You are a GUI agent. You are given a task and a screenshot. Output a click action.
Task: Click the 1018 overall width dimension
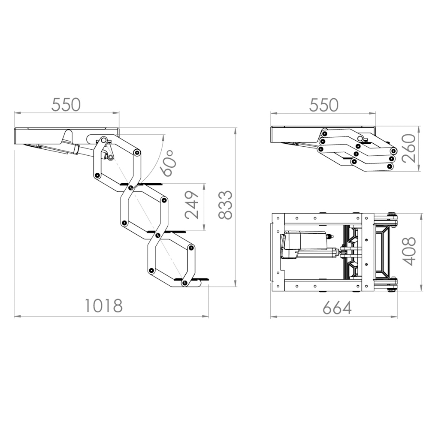pyautogui.click(x=104, y=305)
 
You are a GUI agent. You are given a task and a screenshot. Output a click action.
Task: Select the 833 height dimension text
pyautogui.click(x=225, y=205)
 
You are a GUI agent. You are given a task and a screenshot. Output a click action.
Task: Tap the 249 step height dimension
pyautogui.click(x=191, y=205)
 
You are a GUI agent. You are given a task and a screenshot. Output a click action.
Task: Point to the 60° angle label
pyautogui.click(x=168, y=163)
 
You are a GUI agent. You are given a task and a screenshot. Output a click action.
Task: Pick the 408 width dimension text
pyautogui.click(x=409, y=251)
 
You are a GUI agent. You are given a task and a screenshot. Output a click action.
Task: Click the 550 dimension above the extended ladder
pyautogui.click(x=66, y=105)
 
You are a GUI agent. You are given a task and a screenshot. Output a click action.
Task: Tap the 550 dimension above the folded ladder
pyautogui.click(x=324, y=105)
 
